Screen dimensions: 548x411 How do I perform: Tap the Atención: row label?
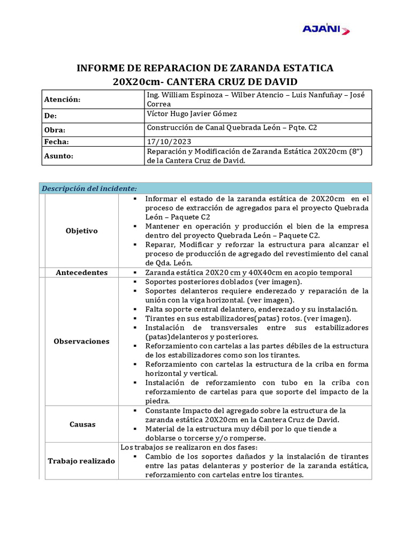click(x=62, y=100)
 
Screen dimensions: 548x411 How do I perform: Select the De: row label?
click(x=51, y=116)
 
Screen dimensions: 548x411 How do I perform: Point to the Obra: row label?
click(x=55, y=130)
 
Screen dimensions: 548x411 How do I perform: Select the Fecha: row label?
click(x=57, y=142)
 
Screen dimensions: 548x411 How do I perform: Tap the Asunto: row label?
click(x=59, y=156)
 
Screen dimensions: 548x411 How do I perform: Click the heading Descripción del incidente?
click(x=89, y=188)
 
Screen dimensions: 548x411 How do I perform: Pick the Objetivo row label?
click(x=81, y=231)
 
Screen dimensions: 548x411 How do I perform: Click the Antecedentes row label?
click(x=81, y=272)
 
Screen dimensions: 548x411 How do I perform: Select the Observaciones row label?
click(x=81, y=341)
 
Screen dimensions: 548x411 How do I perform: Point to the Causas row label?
click(x=82, y=424)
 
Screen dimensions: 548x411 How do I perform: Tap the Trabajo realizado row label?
click(x=81, y=461)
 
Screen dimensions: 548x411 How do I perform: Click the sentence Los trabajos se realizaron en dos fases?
click(x=188, y=447)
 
